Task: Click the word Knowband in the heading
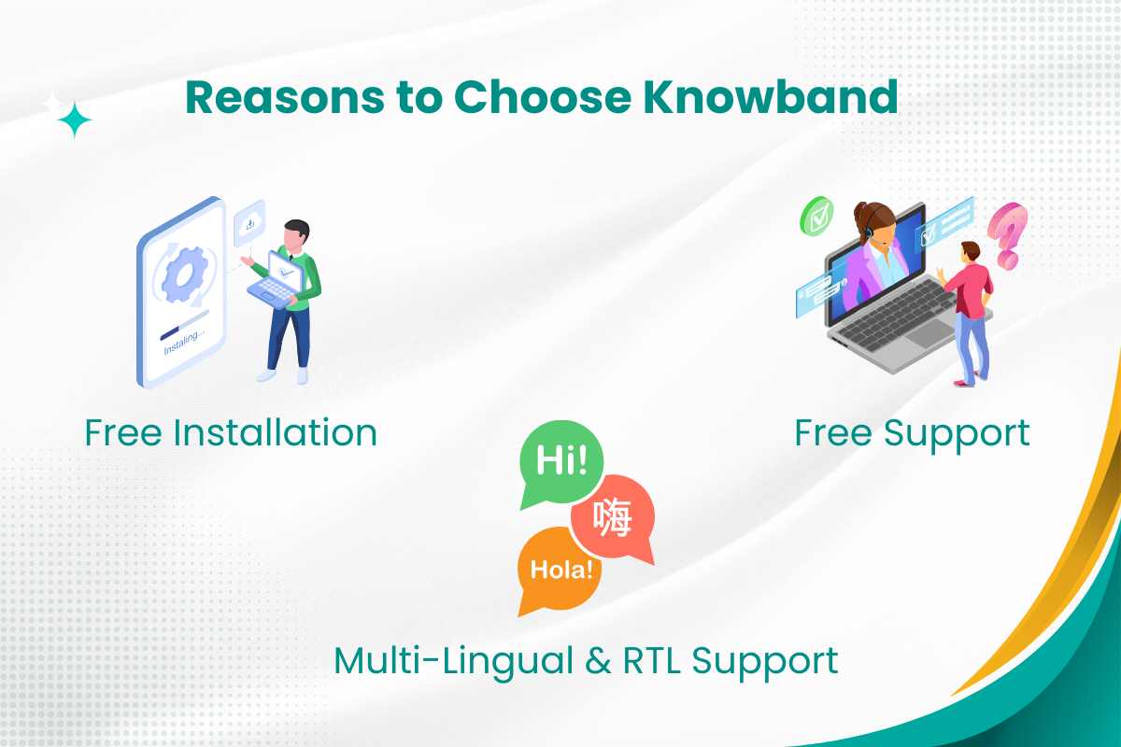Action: (x=771, y=97)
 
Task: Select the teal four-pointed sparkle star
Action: (x=75, y=120)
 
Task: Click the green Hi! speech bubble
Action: (x=561, y=464)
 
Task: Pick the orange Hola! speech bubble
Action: (x=559, y=571)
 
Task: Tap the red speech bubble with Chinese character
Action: (x=614, y=518)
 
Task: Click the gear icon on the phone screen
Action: (x=185, y=275)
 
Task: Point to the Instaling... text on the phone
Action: (x=184, y=342)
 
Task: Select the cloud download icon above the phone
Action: (x=249, y=222)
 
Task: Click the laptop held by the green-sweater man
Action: (x=276, y=280)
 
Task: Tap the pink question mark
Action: (x=1008, y=236)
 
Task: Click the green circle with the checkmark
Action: (x=816, y=216)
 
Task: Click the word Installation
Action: (x=276, y=432)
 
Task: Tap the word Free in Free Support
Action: (x=832, y=432)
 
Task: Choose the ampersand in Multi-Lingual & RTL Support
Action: (x=598, y=661)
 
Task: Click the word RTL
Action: (x=652, y=661)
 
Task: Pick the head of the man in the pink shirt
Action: (x=971, y=251)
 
